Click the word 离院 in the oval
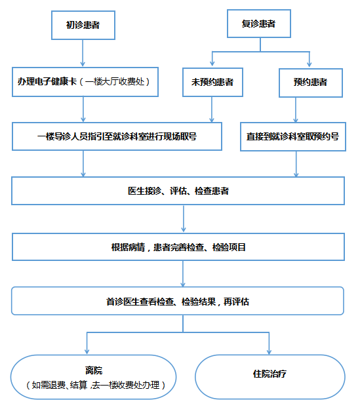pyautogui.click(x=94, y=370)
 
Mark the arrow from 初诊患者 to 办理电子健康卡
pyautogui.click(x=83, y=53)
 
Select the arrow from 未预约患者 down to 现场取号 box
pyautogui.click(x=212, y=109)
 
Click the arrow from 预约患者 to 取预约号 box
pyautogui.click(x=296, y=110)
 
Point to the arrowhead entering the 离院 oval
pyautogui.click(x=87, y=351)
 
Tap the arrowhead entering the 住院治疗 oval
pyautogui.click(x=269, y=351)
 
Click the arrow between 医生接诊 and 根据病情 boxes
pyautogui.click(x=184, y=218)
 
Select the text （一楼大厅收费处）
pyautogui.click(x=115, y=82)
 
